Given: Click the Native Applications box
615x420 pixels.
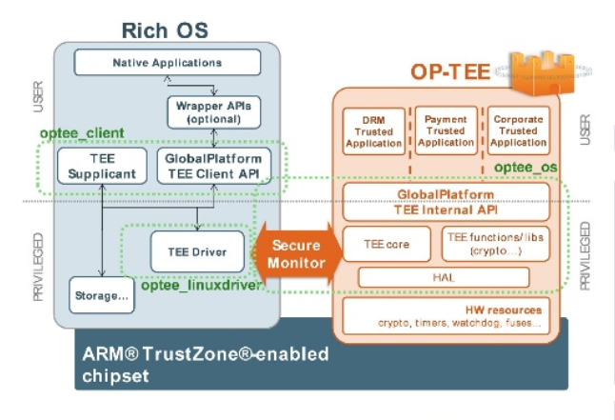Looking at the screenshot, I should point(167,63).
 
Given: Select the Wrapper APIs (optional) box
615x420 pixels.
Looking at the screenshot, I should point(214,112).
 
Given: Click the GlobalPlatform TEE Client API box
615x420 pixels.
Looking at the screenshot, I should point(213,168).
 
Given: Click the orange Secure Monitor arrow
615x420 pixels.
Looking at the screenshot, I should point(293,252).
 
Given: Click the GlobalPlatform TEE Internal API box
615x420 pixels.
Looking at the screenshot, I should point(446,202).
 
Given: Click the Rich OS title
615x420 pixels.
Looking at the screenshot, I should point(165,30).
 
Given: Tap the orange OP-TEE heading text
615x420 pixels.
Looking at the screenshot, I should point(449,71).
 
